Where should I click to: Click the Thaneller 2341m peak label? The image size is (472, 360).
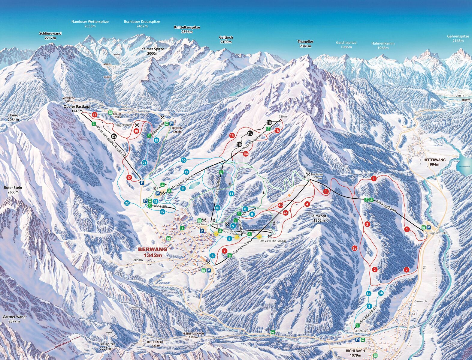[x=305, y=44]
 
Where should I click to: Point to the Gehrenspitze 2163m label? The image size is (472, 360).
[x=458, y=38]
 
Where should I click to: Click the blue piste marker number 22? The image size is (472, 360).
[x=127, y=203]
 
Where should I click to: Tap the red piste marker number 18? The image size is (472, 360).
[x=136, y=131]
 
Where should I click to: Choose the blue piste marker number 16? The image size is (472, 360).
[x=183, y=160]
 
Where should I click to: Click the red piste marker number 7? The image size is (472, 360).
[x=224, y=251]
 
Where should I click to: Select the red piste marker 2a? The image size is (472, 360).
[x=354, y=248]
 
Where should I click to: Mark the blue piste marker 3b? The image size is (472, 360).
[x=381, y=293]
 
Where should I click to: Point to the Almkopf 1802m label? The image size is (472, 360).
[x=319, y=218]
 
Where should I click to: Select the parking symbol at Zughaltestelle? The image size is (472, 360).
[x=428, y=227]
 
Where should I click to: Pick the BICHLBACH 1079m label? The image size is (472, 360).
[x=353, y=353]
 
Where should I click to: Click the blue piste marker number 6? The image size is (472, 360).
[x=213, y=256]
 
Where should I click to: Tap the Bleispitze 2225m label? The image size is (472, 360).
[x=107, y=346]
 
